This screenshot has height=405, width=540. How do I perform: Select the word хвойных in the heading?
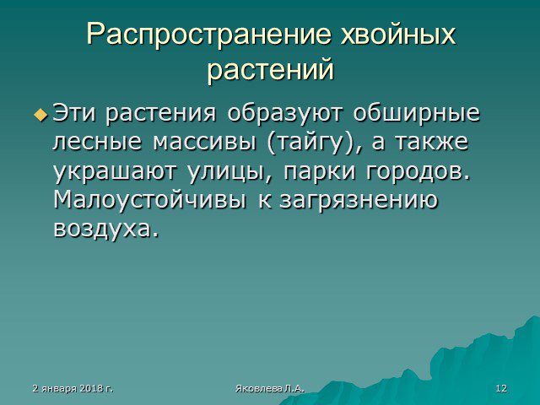click(x=397, y=35)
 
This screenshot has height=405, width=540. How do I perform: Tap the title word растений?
click(x=270, y=69)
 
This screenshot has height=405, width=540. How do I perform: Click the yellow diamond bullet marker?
click(x=40, y=115)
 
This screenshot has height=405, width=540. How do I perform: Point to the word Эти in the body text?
click(x=74, y=113)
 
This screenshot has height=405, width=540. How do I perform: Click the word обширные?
click(x=416, y=114)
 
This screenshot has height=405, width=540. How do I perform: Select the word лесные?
click(x=97, y=142)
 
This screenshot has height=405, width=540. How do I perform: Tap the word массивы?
click(x=204, y=142)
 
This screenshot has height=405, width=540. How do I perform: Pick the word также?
click(x=431, y=141)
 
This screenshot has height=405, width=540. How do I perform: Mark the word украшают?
click(x=116, y=172)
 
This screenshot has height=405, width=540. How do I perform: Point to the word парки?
click(x=319, y=171)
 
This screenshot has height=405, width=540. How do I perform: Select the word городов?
click(x=418, y=171)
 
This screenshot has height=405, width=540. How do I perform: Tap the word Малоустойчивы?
click(x=150, y=201)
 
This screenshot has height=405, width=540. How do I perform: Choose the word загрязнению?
click(x=358, y=202)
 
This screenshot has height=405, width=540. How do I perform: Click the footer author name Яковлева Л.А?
click(x=270, y=389)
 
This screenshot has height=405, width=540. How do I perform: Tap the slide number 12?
click(x=501, y=388)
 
